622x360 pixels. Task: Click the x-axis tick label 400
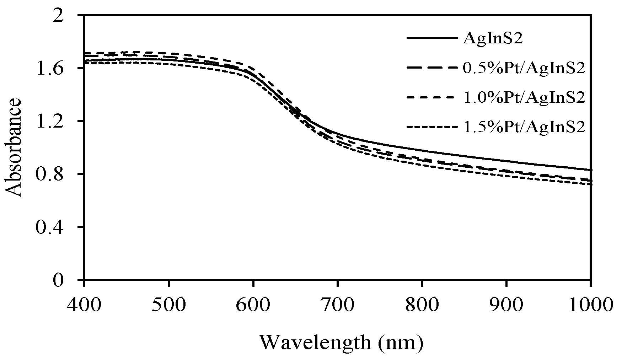pos(84,305)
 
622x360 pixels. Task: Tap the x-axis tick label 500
pos(168,305)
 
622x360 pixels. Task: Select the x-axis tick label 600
pos(253,305)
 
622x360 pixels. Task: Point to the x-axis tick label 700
pos(337,305)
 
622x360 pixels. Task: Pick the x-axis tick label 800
pos(422,305)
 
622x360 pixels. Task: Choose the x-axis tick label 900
pos(506,305)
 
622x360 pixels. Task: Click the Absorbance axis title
pos(14,147)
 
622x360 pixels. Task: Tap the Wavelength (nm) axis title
pos(341,342)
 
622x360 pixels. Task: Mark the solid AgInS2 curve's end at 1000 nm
pos(590,170)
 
